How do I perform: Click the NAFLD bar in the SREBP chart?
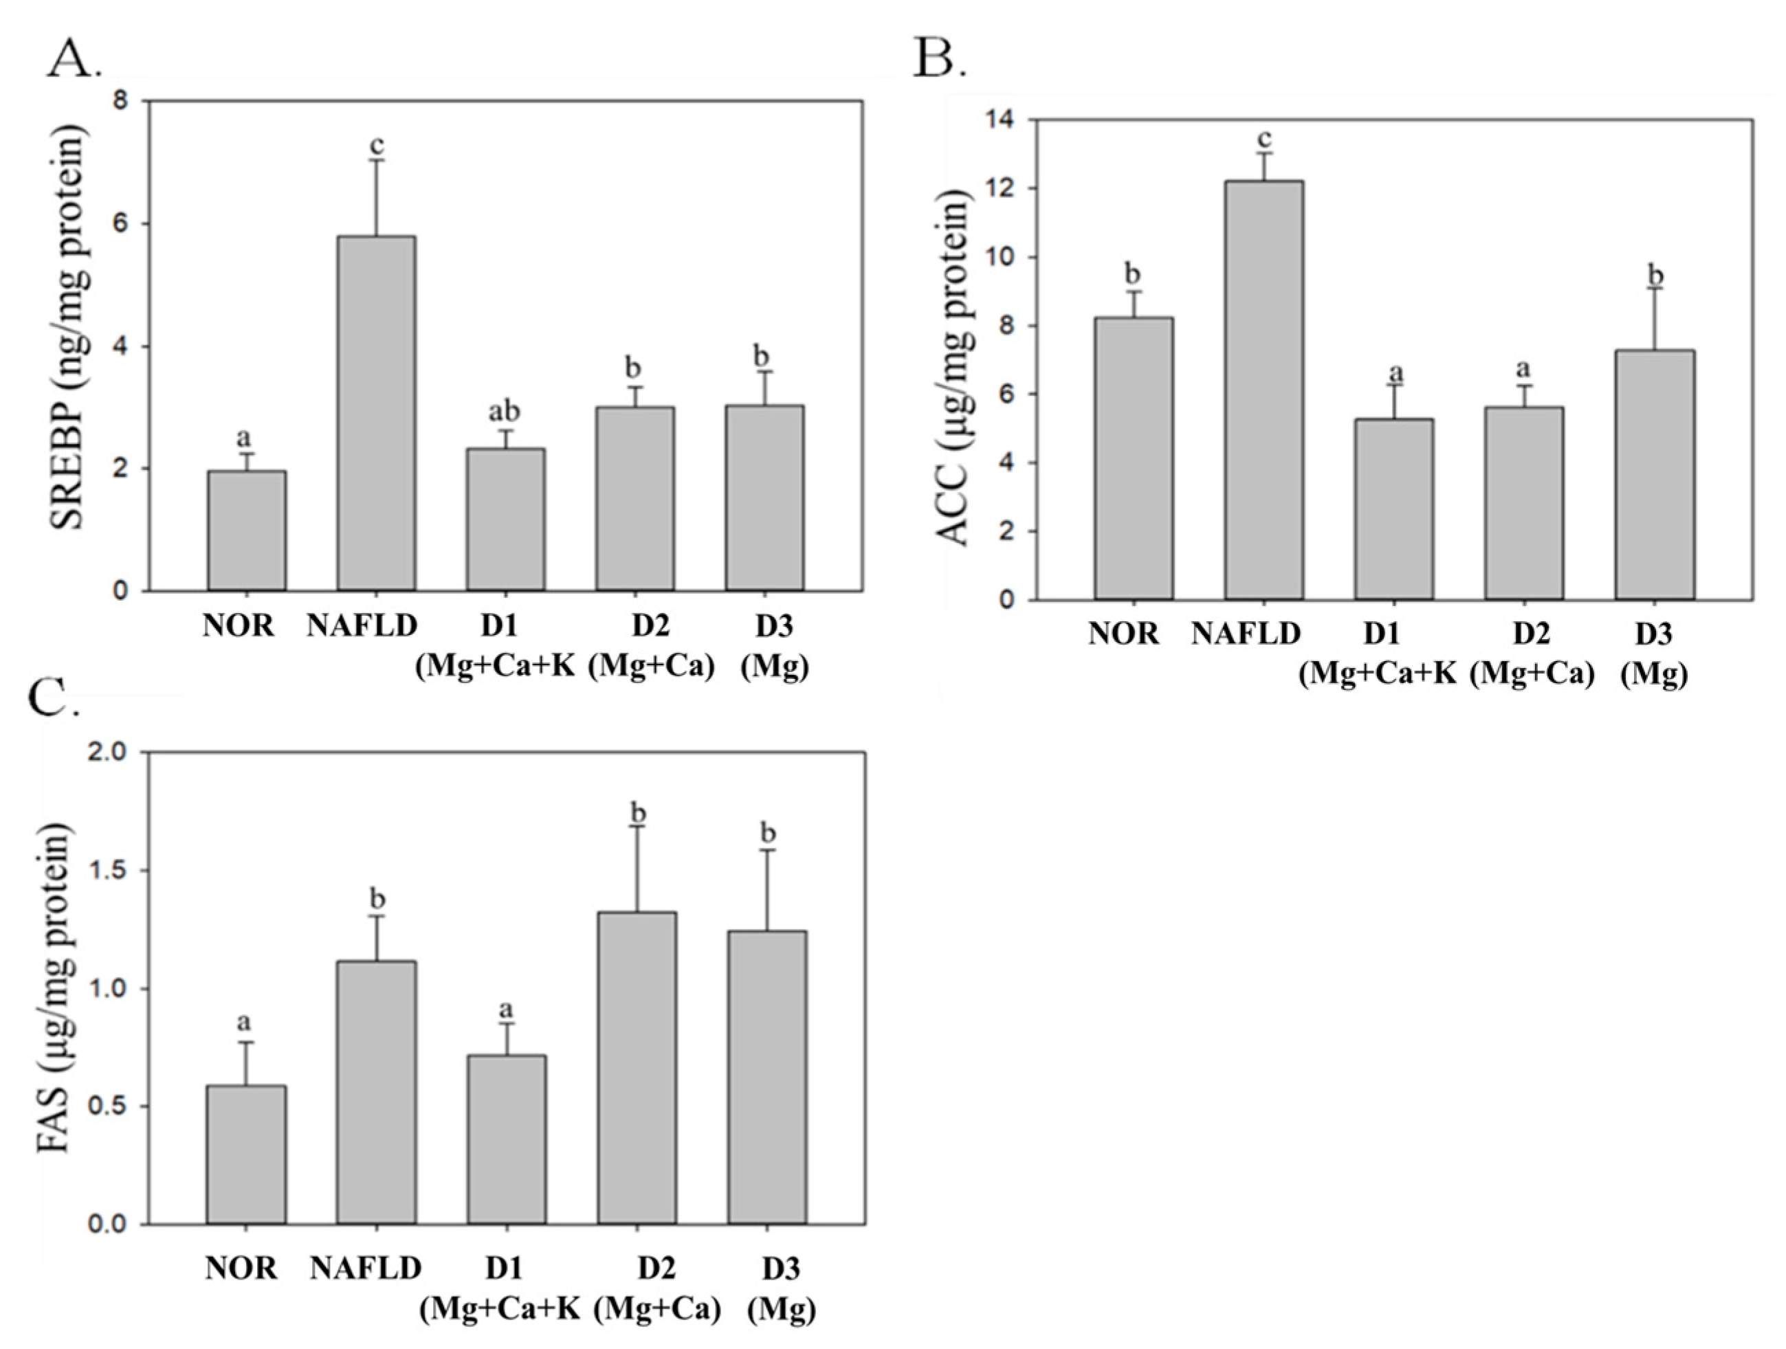coord(376,413)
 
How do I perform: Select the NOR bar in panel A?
coord(246,531)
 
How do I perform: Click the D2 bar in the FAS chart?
coord(637,1068)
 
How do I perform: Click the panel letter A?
coord(73,58)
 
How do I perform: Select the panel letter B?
coord(939,58)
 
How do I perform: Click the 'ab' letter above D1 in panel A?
coord(505,412)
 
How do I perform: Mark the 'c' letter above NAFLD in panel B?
coord(1264,139)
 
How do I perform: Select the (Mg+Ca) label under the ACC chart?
coord(1532,673)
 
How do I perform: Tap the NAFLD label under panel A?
coord(362,625)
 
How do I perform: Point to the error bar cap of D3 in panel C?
coord(767,850)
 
